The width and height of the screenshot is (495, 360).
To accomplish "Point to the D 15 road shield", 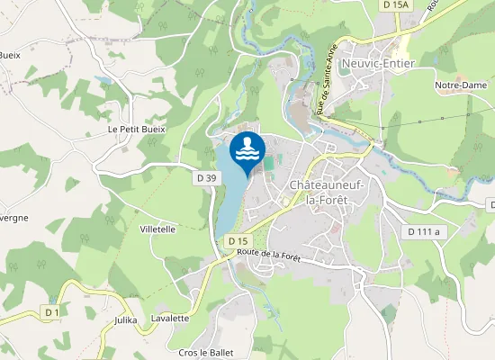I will tap(238, 241).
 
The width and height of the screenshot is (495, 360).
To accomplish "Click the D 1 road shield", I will tap(51, 311).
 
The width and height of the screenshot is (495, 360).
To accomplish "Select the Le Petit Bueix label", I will tap(137, 129).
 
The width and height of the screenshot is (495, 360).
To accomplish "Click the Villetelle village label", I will tap(157, 229).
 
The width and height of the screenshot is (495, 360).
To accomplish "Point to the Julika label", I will tap(126, 319).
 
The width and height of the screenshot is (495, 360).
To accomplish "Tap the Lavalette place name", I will tap(170, 318).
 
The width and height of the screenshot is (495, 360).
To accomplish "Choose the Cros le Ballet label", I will tap(206, 352).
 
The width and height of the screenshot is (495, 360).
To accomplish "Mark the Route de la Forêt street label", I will tap(267, 256).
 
